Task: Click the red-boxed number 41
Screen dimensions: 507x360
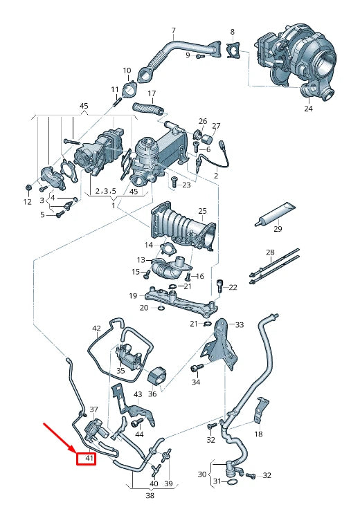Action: tap(87, 458)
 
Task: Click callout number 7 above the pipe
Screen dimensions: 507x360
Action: tap(173, 31)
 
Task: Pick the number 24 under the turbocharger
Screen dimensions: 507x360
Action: tap(308, 109)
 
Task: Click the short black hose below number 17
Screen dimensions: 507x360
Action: tap(147, 108)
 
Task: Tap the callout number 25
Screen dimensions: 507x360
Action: tap(203, 210)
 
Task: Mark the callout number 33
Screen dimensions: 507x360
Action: tap(240, 324)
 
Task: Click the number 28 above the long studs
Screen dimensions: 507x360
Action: tap(270, 252)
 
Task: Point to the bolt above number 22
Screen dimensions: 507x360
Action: tap(220, 283)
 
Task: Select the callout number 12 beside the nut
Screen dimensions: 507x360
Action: tap(27, 202)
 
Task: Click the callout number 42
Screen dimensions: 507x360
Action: tap(96, 329)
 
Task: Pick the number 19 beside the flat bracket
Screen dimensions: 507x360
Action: tap(132, 295)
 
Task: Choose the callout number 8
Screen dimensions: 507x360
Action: tap(232, 32)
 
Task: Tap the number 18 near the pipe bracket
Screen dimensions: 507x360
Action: tap(258, 434)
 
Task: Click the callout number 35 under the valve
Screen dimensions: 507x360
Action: tap(120, 371)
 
